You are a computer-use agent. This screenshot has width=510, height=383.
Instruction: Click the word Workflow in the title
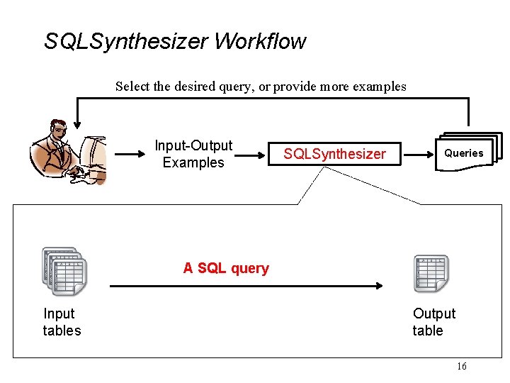(260, 41)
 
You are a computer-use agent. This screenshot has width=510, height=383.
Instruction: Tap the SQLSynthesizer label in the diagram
(334, 154)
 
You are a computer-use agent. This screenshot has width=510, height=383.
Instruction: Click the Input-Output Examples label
(193, 154)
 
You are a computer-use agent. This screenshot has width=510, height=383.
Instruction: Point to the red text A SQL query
(226, 268)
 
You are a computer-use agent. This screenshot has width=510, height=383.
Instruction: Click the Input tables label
(62, 322)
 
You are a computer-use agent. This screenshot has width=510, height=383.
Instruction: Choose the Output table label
(433, 322)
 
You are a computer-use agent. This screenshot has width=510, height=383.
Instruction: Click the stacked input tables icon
(64, 271)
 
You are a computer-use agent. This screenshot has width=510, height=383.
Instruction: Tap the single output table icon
(431, 273)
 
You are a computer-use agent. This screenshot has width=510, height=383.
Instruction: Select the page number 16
(462, 366)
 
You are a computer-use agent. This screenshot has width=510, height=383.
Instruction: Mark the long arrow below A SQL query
(246, 285)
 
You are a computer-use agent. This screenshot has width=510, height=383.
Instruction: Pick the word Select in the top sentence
(132, 87)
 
